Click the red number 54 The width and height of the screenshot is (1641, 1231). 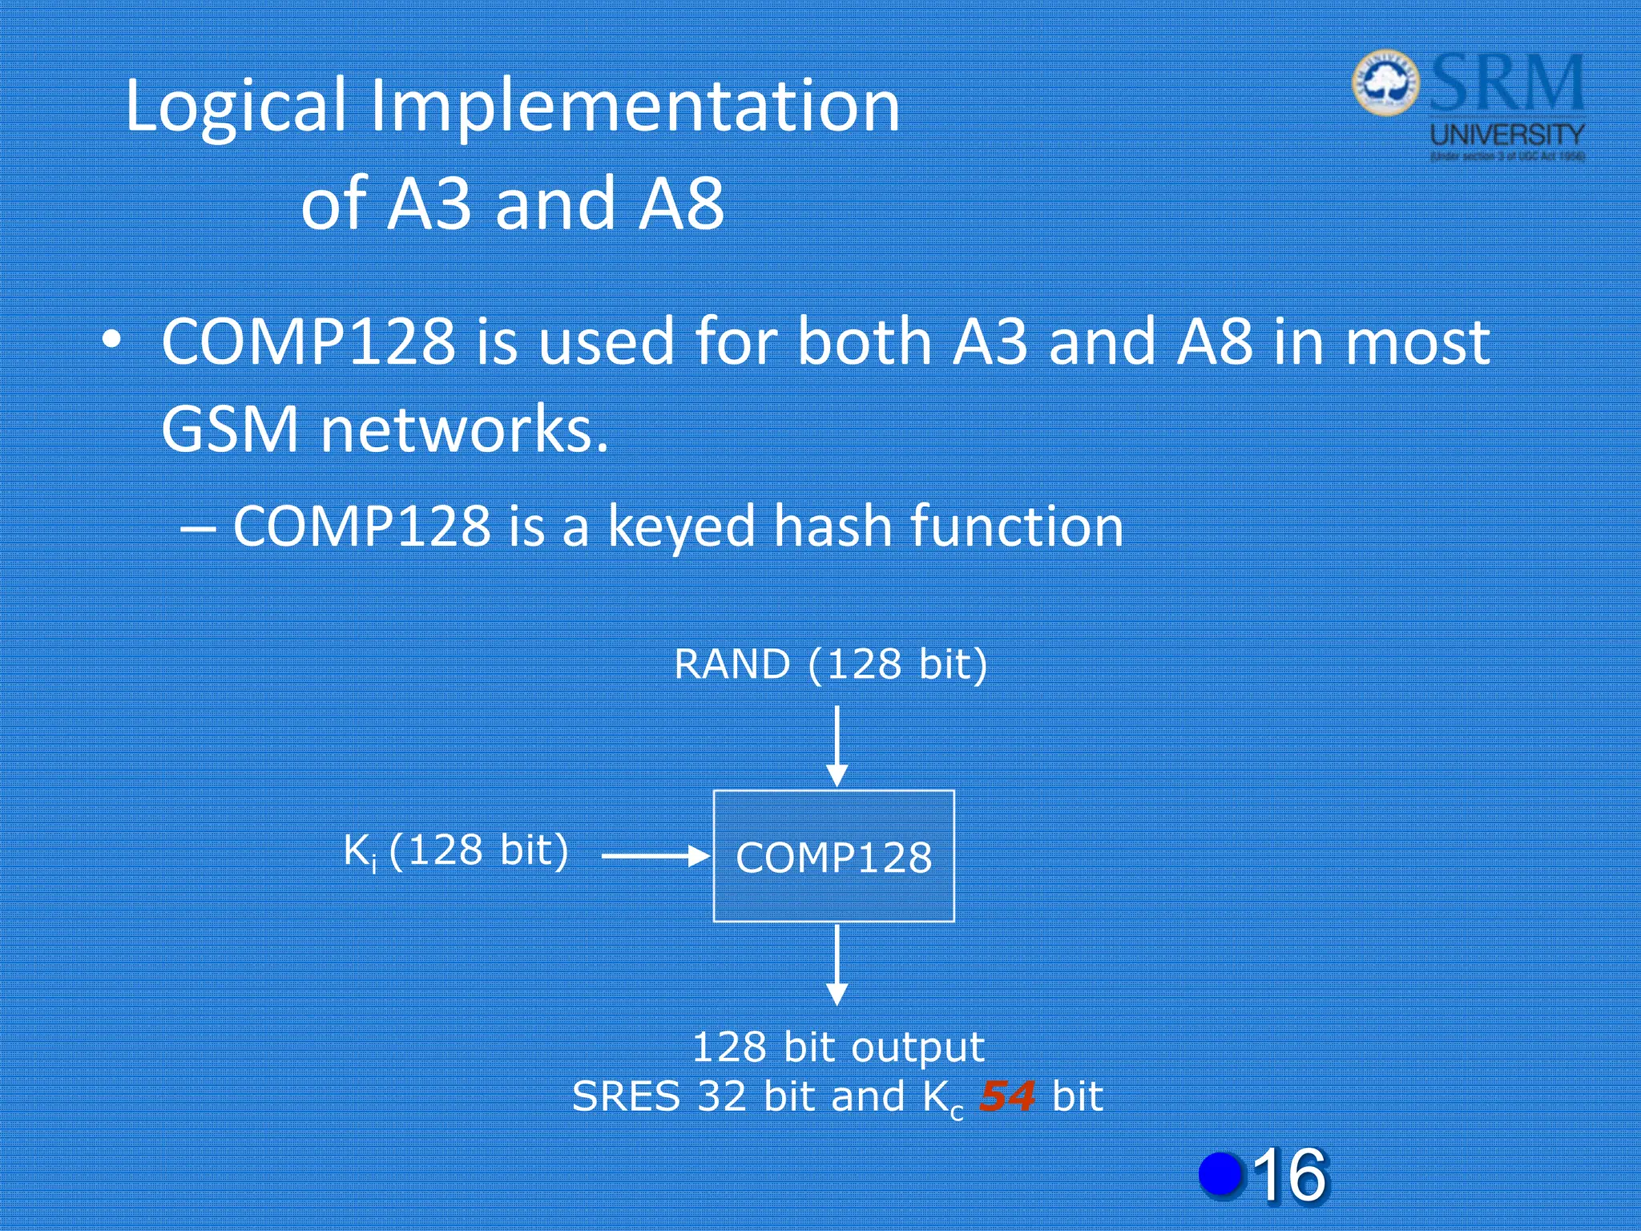[x=1007, y=1096]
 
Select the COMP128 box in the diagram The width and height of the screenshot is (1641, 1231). [x=833, y=856]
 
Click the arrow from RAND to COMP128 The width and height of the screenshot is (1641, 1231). [x=837, y=745]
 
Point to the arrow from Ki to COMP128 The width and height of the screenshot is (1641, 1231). [x=655, y=857]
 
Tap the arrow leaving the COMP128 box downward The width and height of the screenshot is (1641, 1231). [x=837, y=964]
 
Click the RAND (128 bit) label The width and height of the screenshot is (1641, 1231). [x=831, y=664]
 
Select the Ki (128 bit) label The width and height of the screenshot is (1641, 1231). [x=456, y=850]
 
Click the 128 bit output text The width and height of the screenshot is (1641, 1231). [x=837, y=1047]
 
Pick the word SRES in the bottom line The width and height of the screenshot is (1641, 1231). [x=626, y=1096]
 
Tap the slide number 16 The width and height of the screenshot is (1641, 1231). [x=1289, y=1175]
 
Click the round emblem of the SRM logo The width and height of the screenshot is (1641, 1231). [x=1385, y=83]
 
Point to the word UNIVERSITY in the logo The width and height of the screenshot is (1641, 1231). [x=1507, y=134]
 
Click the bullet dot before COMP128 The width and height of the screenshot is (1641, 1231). [x=112, y=340]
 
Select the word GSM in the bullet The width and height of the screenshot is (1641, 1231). [x=230, y=429]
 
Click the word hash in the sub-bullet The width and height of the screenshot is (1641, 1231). [x=833, y=527]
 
